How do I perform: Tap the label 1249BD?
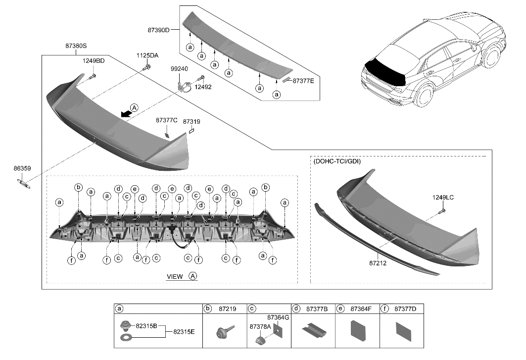94,61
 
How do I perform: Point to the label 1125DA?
147,55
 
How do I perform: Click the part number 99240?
179,70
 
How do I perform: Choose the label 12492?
202,87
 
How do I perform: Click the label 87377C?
166,120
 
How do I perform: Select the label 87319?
191,121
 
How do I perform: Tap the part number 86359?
22,169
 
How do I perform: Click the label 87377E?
303,80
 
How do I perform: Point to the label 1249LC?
442,198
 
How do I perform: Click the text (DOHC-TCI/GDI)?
336,161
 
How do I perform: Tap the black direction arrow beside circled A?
126,114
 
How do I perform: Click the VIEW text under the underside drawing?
174,276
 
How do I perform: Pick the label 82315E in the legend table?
185,331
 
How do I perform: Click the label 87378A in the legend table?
260,327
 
